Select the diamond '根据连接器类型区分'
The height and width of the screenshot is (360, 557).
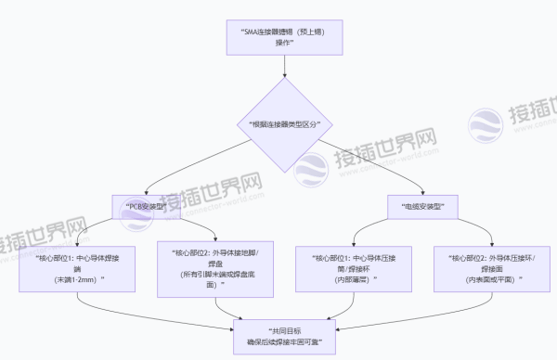tap(278, 123)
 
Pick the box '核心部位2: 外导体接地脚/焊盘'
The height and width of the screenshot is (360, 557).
tap(215, 267)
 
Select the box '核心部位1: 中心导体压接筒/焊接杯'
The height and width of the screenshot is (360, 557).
tap(349, 267)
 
